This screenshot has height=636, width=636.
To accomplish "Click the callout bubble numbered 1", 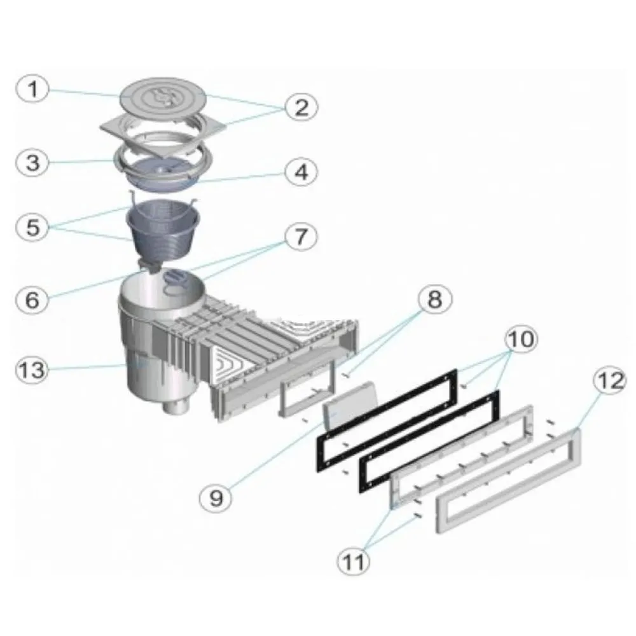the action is (x=32, y=89).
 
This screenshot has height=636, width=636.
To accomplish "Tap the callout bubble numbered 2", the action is (x=301, y=107).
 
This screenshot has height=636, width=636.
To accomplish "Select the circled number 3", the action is (x=32, y=163).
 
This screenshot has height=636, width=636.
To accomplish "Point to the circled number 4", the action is (x=301, y=172).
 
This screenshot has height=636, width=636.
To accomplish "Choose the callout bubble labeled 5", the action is (x=32, y=227).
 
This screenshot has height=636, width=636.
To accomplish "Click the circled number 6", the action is (x=32, y=300).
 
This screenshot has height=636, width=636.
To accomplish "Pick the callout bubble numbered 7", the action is (x=301, y=237).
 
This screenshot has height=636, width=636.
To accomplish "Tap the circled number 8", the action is (x=434, y=300).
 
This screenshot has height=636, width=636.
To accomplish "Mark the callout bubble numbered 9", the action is (x=216, y=497).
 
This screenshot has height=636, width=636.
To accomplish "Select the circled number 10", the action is (x=522, y=339).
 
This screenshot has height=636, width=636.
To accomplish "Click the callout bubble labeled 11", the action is (x=354, y=561).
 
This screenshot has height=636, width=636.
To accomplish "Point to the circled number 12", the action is (x=610, y=381).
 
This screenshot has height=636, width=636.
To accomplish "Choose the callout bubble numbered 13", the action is (x=32, y=370).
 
